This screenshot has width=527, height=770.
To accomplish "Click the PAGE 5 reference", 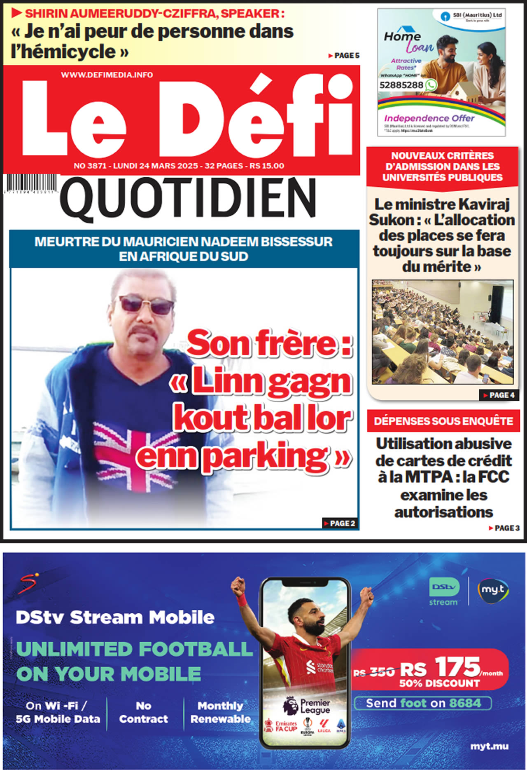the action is (x=344, y=56).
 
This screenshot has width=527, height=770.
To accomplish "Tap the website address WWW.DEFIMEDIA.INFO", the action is (x=107, y=75).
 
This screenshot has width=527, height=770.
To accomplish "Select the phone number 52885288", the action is (x=401, y=85).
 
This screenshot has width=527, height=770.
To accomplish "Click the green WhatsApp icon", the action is (x=431, y=85).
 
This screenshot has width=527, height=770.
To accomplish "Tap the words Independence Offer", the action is (x=429, y=118).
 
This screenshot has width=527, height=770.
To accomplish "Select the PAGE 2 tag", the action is (x=340, y=523).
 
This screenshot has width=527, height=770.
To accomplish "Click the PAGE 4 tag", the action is (x=499, y=395).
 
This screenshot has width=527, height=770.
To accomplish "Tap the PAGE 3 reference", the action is (x=504, y=528).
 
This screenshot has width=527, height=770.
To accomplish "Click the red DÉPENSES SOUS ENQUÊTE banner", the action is (x=443, y=421).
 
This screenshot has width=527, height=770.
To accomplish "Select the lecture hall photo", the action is (x=443, y=332).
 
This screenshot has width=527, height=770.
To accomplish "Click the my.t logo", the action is (x=493, y=590).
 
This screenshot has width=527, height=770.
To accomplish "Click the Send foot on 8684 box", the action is (x=423, y=703).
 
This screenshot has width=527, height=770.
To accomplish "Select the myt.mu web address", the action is (x=489, y=746).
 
